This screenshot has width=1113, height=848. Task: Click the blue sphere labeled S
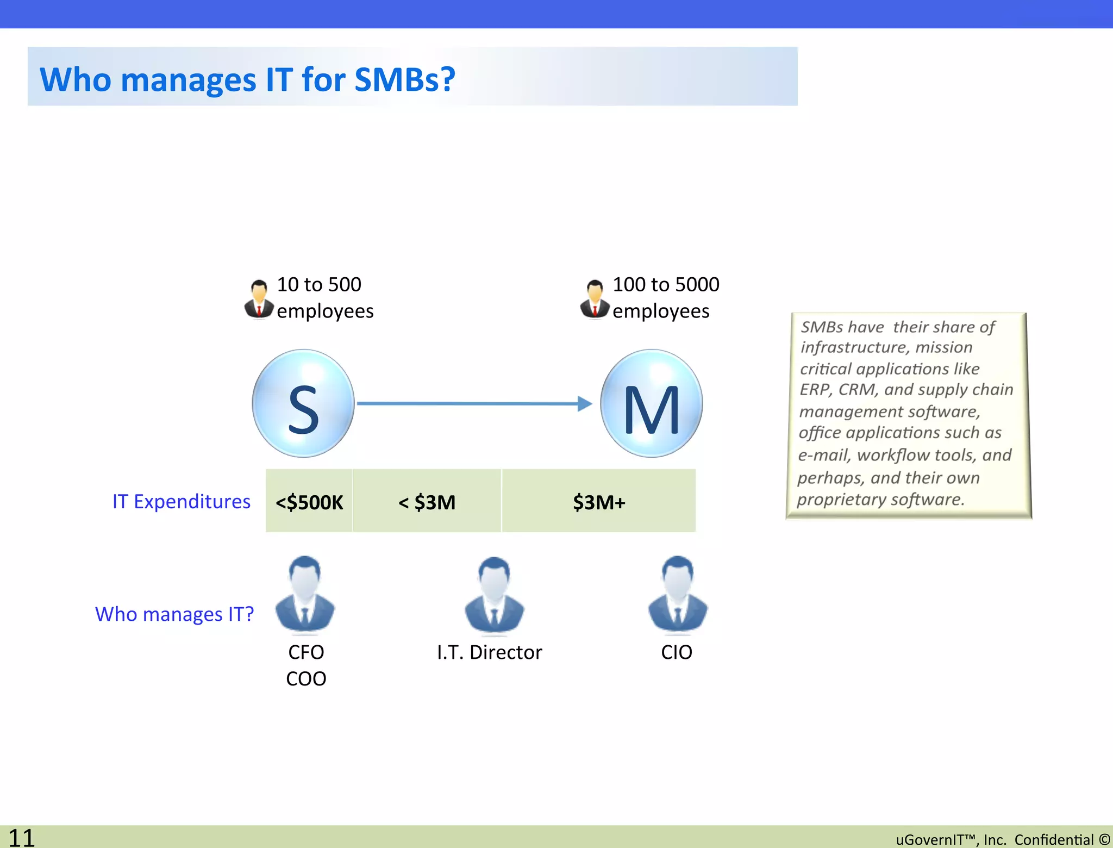(303, 403)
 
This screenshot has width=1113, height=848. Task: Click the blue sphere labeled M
(651, 403)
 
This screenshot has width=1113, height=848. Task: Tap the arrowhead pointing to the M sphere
(585, 403)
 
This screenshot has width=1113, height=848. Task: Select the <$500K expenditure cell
(309, 502)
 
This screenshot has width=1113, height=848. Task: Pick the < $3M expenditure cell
(427, 502)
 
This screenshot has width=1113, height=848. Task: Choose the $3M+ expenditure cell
(599, 502)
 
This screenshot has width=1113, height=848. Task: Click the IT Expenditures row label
(181, 501)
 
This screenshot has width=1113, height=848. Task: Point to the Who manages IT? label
(174, 614)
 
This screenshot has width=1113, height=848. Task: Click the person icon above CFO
(305, 595)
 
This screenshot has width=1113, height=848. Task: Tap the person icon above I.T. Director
(494, 596)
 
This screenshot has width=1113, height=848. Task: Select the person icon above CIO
(678, 595)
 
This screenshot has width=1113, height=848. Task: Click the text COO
(306, 679)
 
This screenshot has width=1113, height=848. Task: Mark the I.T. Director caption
(489, 652)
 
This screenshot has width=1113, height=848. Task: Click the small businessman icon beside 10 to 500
(259, 298)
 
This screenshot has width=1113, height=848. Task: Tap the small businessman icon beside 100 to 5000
(595, 298)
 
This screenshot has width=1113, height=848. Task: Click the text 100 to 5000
(666, 284)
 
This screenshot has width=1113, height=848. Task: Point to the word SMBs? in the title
(405, 79)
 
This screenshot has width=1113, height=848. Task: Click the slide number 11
(22, 838)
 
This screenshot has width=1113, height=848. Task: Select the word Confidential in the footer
(1053, 840)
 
